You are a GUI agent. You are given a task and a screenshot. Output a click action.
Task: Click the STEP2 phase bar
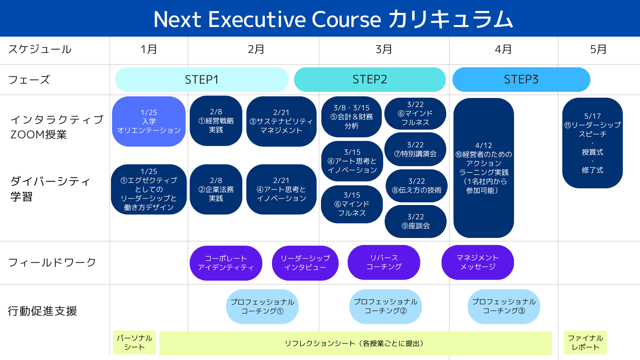click(370, 79)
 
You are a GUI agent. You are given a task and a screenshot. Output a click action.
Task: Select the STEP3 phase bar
click(521, 79)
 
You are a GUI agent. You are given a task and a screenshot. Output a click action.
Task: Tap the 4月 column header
click(503, 49)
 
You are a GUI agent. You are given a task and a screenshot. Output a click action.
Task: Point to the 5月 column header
click(598, 49)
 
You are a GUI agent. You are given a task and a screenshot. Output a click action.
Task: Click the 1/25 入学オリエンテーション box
click(149, 121)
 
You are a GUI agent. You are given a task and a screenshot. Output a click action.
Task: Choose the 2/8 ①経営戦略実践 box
click(216, 121)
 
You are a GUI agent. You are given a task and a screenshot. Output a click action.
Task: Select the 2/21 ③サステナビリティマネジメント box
click(281, 121)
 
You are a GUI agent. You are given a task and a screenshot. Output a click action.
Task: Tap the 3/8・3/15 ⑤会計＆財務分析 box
click(351, 117)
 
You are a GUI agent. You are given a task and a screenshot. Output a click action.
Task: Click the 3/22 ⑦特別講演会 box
click(415, 149)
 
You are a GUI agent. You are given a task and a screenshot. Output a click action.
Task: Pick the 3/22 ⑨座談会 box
click(415, 221)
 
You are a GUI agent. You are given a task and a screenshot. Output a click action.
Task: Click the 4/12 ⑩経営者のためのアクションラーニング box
click(483, 168)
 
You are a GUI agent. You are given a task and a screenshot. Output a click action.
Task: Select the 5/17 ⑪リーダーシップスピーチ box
click(592, 143)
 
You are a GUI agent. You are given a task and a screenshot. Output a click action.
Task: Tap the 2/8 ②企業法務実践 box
click(216, 189)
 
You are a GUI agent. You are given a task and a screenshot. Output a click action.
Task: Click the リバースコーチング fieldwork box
click(384, 262)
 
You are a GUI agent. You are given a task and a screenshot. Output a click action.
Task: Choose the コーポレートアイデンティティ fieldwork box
click(226, 263)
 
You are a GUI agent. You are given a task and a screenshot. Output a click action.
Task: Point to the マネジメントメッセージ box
click(477, 262)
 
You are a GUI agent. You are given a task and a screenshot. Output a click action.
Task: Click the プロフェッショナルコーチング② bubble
click(385, 306)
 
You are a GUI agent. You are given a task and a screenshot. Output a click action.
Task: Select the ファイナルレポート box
click(585, 342)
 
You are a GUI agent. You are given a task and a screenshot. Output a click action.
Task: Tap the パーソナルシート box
click(134, 342)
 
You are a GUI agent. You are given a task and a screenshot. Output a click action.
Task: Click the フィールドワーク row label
click(52, 263)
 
